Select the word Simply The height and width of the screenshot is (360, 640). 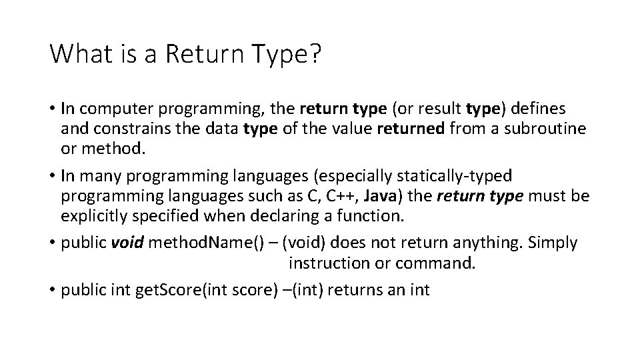pos(553,243)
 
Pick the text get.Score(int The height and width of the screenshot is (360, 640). pos(174,289)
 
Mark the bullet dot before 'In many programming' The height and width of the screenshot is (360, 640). pos(52,175)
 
